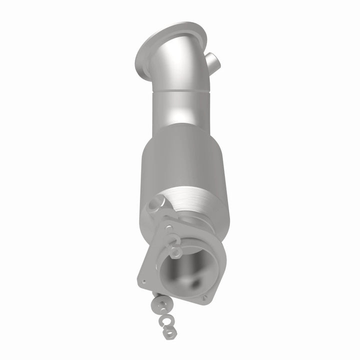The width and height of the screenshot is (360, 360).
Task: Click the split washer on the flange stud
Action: (172, 239)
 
